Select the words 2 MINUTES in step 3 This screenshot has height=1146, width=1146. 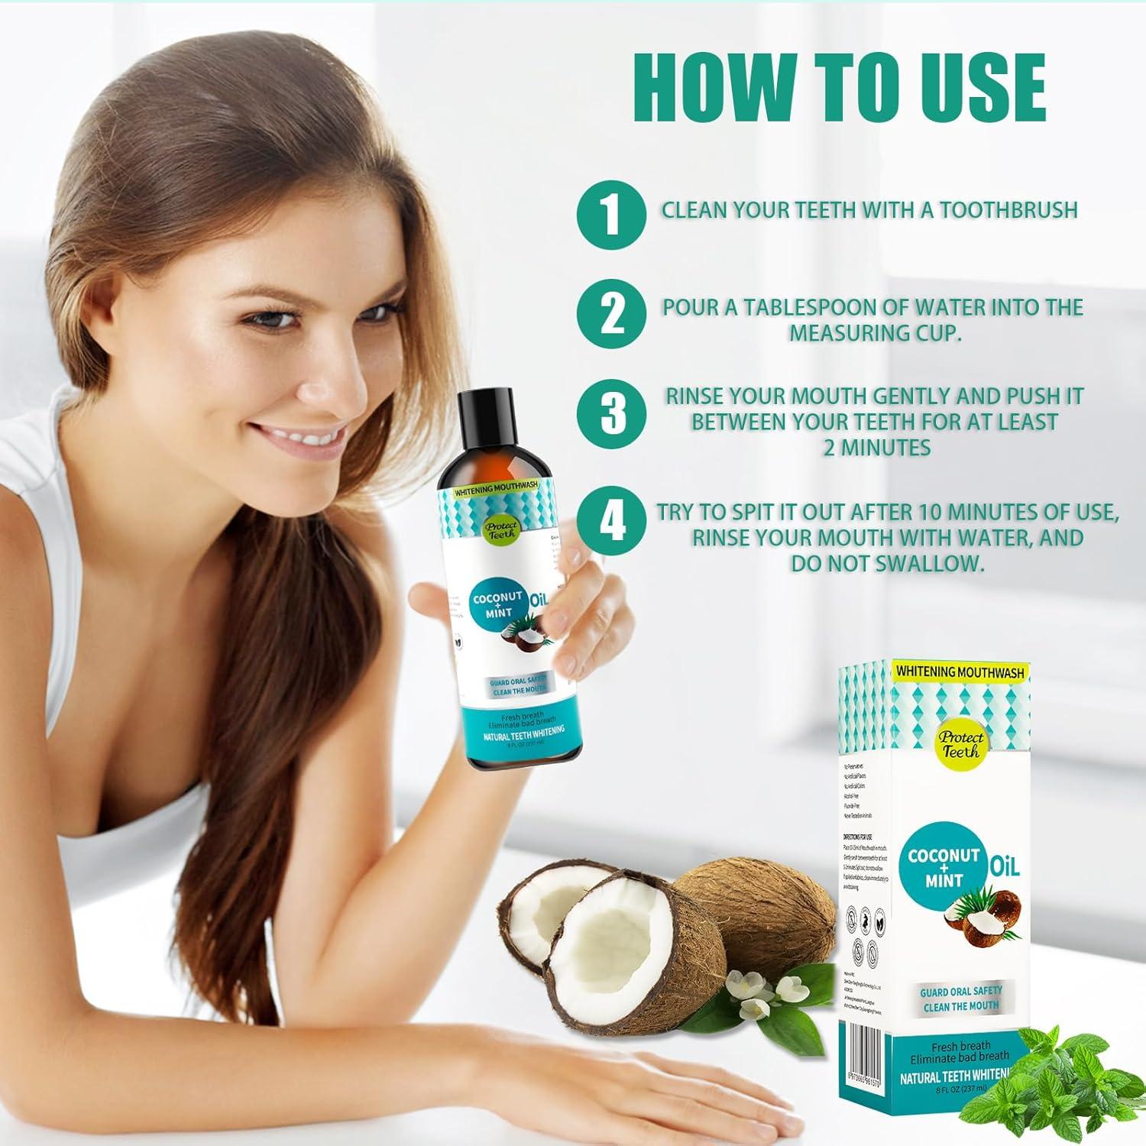877,447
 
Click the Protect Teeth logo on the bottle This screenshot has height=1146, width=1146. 500,529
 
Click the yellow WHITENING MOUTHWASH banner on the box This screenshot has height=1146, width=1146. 959,672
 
